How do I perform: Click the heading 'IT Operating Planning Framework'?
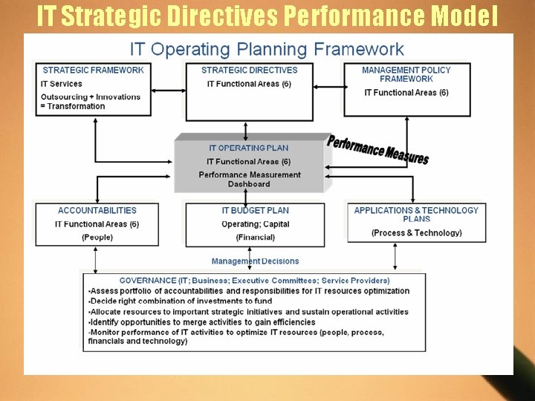267,50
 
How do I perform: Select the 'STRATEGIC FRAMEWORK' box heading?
93,70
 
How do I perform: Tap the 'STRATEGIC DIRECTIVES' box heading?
249,70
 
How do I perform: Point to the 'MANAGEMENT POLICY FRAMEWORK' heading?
406,74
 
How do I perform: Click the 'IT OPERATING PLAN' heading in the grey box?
248,148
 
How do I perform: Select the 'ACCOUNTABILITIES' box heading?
97,211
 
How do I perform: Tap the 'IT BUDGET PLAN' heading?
255,211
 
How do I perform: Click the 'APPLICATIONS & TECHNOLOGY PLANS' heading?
416,215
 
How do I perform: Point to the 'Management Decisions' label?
255,261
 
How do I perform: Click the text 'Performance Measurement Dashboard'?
249,179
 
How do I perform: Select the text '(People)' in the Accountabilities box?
97,237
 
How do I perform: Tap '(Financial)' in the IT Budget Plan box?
255,237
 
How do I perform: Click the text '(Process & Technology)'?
416,232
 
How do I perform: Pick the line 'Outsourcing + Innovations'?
91,97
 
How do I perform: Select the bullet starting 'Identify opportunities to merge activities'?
202,322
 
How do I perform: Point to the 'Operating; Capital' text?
255,224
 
